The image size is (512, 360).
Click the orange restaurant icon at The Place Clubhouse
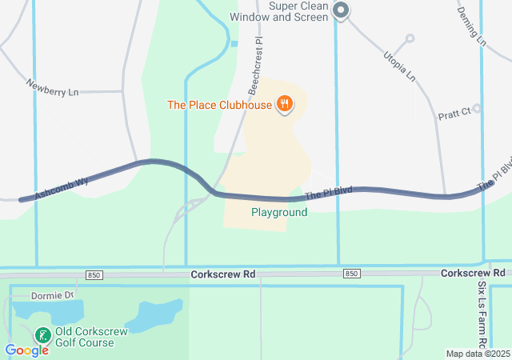[x=283, y=104]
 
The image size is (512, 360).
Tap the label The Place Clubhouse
[x=219, y=104]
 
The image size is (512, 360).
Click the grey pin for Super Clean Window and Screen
[x=341, y=11]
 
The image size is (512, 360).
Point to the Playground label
[x=279, y=212]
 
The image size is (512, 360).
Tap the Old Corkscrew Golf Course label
[x=84, y=337]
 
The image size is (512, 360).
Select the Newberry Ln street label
[x=52, y=87]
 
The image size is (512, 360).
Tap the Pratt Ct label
[x=454, y=114]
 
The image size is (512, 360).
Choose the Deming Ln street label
[x=470, y=26]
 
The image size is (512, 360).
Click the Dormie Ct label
[x=52, y=295]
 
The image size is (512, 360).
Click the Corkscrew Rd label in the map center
[x=222, y=274]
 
